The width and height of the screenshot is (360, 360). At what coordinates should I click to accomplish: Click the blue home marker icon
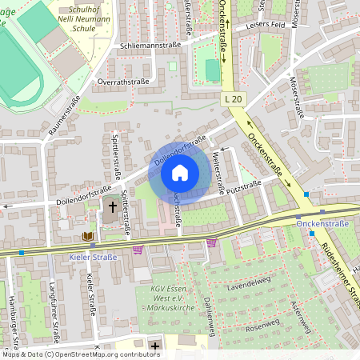pyautogui.click(x=180, y=173)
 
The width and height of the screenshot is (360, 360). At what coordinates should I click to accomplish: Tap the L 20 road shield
pyautogui.click(x=234, y=98)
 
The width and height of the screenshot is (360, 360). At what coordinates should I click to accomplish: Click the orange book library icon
pyautogui.click(x=87, y=236)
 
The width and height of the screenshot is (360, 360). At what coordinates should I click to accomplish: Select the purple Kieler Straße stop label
pyautogui.click(x=94, y=257)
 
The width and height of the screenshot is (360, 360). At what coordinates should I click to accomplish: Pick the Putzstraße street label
pyautogui.click(x=244, y=188)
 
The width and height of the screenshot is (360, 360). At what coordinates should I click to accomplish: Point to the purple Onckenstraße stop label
pyautogui.click(x=322, y=225)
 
